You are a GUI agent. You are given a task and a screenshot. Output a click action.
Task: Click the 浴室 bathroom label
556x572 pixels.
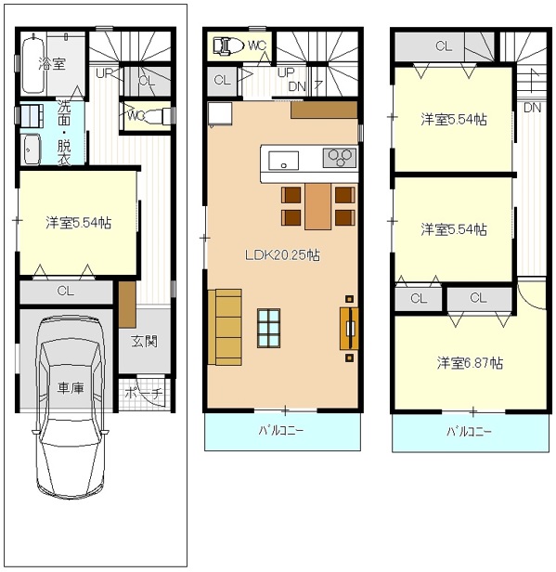(52, 63)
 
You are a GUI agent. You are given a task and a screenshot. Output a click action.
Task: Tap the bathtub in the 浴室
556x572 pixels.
(33, 66)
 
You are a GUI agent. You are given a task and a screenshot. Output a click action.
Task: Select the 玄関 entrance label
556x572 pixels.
(145, 341)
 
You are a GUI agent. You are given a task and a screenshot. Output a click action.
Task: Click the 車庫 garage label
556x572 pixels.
(71, 387)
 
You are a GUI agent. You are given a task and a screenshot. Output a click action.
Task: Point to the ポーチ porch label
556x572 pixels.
(143, 393)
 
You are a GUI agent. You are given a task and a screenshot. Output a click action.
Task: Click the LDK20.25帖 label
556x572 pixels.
(282, 254)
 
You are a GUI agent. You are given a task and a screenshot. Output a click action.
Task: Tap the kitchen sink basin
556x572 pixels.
(283, 161)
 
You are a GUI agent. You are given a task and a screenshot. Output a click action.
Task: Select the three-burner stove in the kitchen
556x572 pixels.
(340, 158)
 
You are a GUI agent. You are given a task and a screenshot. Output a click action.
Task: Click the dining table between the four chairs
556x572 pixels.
(318, 206)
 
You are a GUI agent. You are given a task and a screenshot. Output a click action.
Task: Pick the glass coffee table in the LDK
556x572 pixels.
(268, 328)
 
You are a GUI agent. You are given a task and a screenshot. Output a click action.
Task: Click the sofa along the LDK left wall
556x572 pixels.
(225, 327)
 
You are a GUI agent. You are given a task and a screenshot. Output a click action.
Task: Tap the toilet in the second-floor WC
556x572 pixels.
(228, 46)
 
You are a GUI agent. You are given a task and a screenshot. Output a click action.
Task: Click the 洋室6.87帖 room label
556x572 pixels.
(470, 362)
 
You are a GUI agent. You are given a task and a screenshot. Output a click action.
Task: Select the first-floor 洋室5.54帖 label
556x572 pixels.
(78, 222)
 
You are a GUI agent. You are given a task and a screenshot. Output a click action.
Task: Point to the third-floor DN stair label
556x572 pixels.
(532, 108)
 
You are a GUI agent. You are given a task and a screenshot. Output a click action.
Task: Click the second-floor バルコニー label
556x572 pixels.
(280, 431)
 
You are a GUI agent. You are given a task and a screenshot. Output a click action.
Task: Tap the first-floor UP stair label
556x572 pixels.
(105, 73)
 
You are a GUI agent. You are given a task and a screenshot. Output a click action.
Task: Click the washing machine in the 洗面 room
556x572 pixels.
(32, 149)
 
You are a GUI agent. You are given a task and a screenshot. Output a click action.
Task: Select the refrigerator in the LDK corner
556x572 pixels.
(220, 113)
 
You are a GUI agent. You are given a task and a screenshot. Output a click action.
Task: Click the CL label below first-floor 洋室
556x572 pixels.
(65, 291)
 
